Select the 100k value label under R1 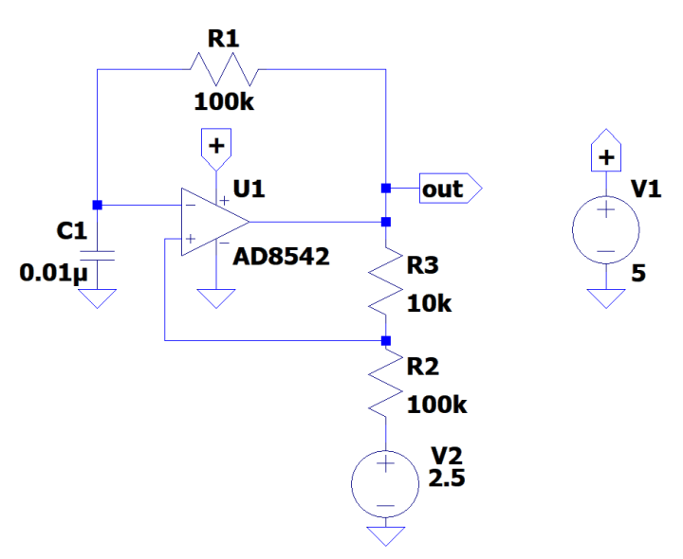(224, 101)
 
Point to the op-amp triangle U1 (213, 222)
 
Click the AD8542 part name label (282, 256)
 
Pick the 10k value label (430, 304)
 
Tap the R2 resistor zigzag (385, 384)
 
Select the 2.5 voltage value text (446, 479)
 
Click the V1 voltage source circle (605, 230)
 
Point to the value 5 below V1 (637, 274)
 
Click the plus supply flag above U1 (217, 145)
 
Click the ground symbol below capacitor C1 (97, 298)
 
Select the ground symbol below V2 (385, 535)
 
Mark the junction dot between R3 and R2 (385, 339)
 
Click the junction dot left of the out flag (385, 189)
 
